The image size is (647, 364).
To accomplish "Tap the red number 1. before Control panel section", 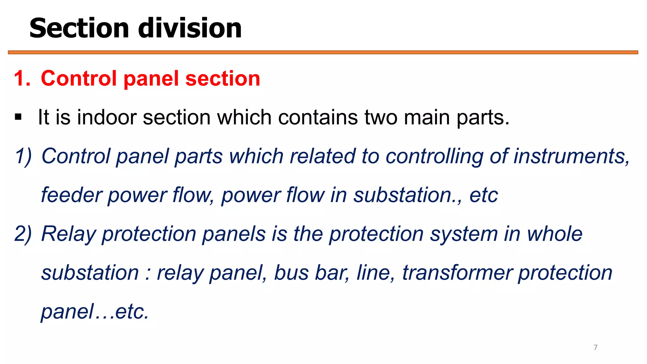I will coord(22,78).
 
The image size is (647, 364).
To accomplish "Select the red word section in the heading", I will coord(223,78).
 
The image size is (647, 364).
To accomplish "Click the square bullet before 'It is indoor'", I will coord(18,117).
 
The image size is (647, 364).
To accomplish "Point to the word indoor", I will coord(107,118).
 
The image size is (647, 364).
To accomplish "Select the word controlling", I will coord(434,156).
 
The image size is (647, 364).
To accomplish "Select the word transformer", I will coord(457,273).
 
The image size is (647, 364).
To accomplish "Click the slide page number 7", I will coord(596,348).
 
